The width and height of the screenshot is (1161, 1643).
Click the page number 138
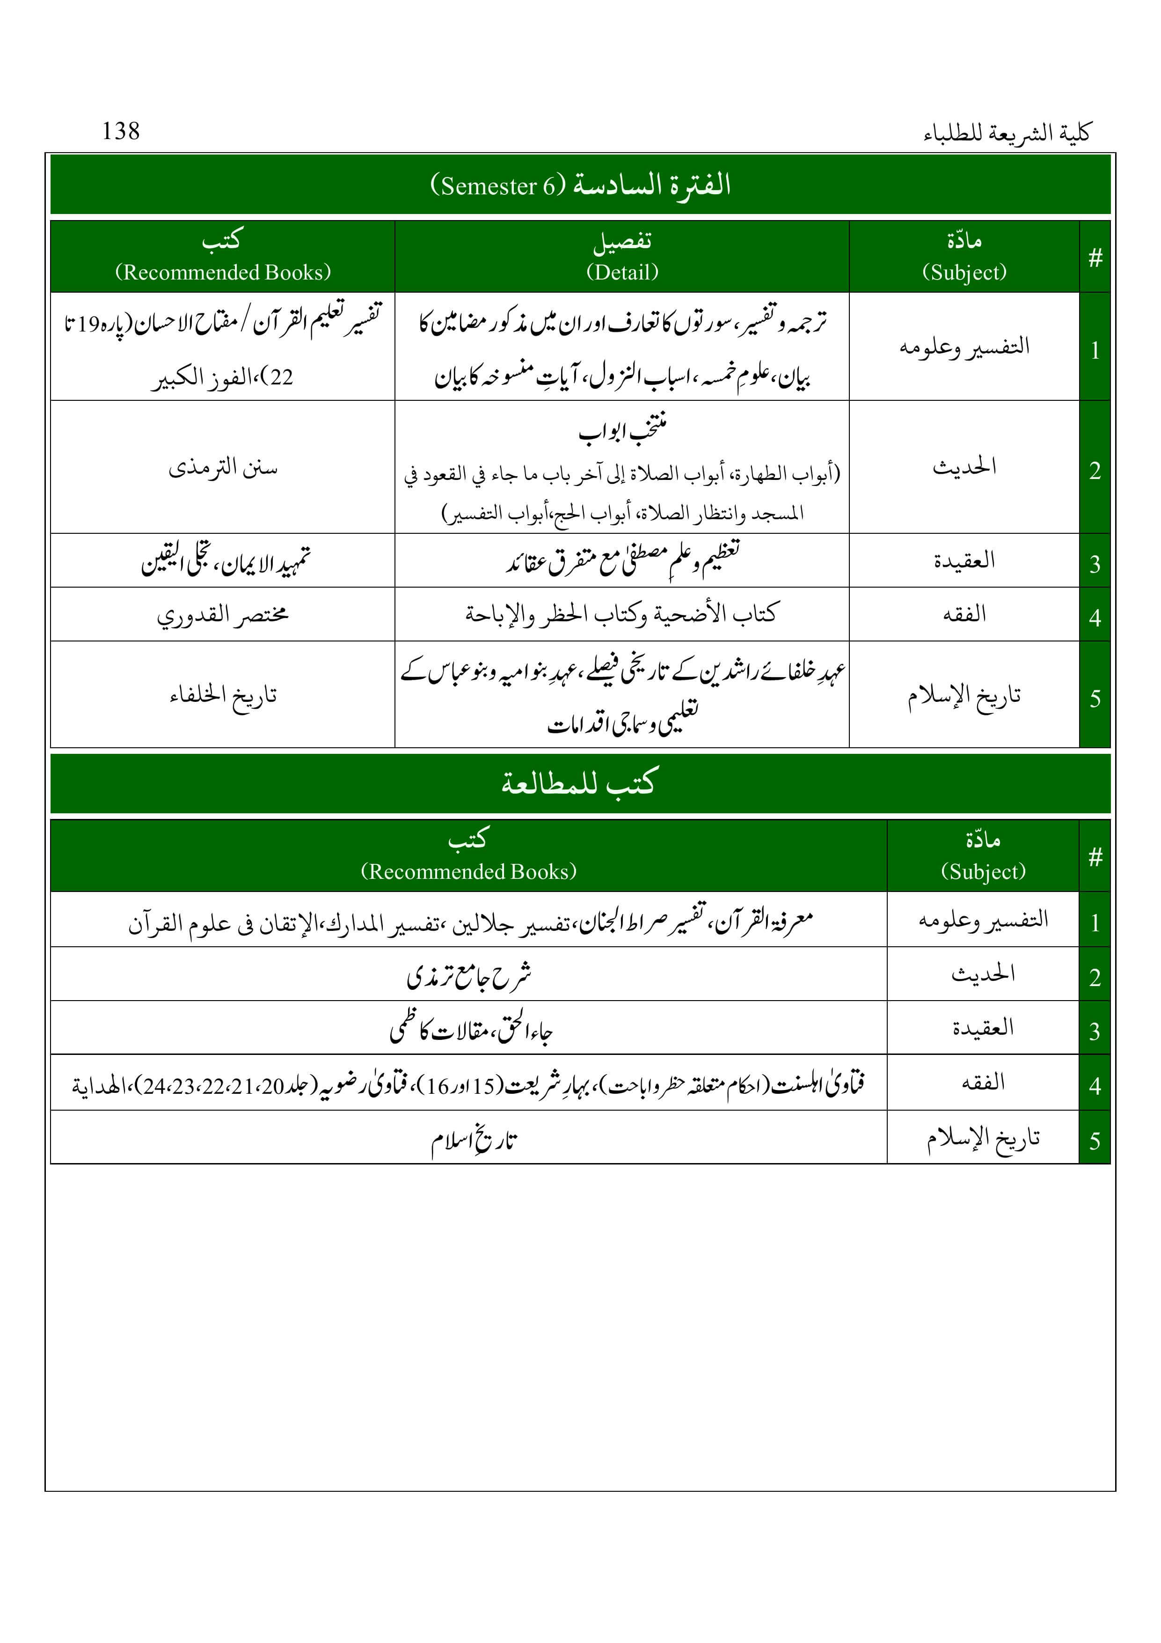pyautogui.click(x=120, y=131)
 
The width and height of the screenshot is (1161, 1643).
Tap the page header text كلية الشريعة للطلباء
pyautogui.click(x=1007, y=133)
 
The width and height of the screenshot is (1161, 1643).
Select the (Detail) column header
pyautogui.click(x=621, y=272)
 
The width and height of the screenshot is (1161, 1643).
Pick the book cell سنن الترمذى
pyautogui.click(x=222, y=467)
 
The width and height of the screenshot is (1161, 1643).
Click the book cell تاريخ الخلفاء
pyautogui.click(x=222, y=694)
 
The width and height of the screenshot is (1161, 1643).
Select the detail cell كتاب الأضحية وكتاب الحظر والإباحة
pyautogui.click(x=621, y=614)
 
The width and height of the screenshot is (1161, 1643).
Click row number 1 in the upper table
pyautogui.click(x=1095, y=350)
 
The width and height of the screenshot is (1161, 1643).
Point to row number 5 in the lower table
pyautogui.click(x=1095, y=1140)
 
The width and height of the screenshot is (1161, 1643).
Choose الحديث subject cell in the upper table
pyautogui.click(x=964, y=467)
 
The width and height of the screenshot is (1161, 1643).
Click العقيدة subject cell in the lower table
pyautogui.click(x=982, y=1028)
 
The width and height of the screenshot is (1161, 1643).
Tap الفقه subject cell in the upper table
pyautogui.click(x=964, y=614)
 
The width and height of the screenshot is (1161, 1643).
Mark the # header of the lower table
pyautogui.click(x=1095, y=856)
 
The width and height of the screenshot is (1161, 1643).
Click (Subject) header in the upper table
pyautogui.click(x=964, y=272)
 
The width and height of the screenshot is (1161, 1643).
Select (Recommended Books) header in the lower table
pyautogui.click(x=468, y=871)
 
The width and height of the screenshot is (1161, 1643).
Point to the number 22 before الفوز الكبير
pyautogui.click(x=281, y=377)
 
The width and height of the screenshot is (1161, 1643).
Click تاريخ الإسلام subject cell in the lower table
pyautogui.click(x=982, y=1138)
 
